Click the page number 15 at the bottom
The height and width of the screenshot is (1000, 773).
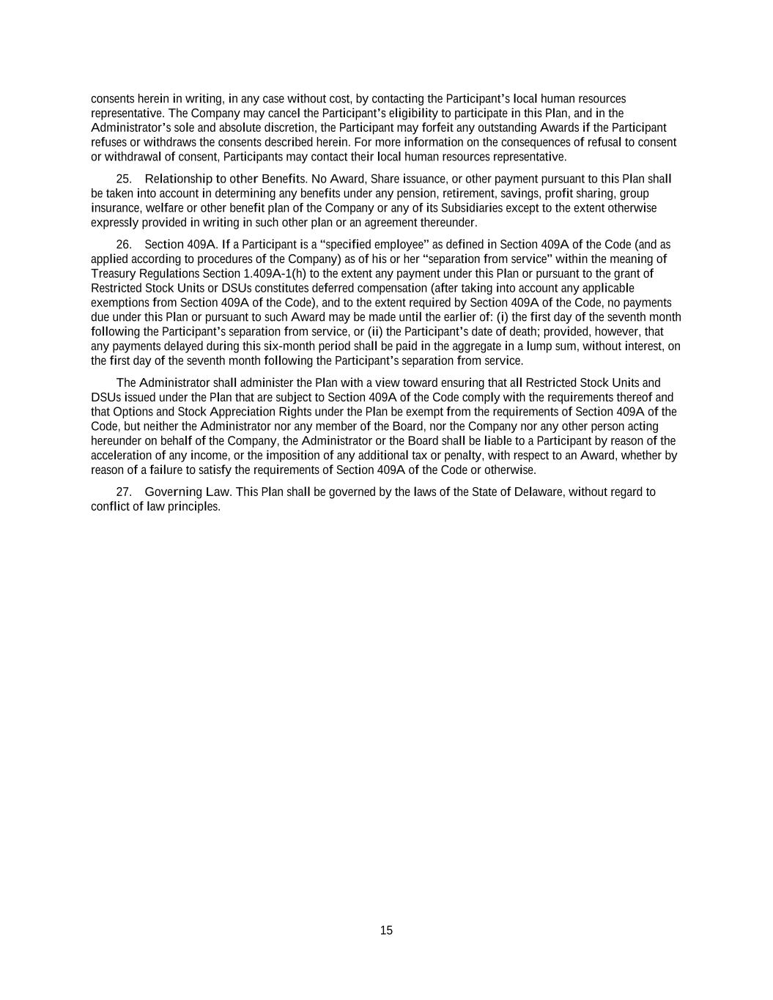pos(386,930)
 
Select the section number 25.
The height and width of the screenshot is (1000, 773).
pos(123,179)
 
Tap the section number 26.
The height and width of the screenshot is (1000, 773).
pos(123,244)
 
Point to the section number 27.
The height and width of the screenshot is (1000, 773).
pos(123,492)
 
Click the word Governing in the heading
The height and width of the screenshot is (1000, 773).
pos(172,492)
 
